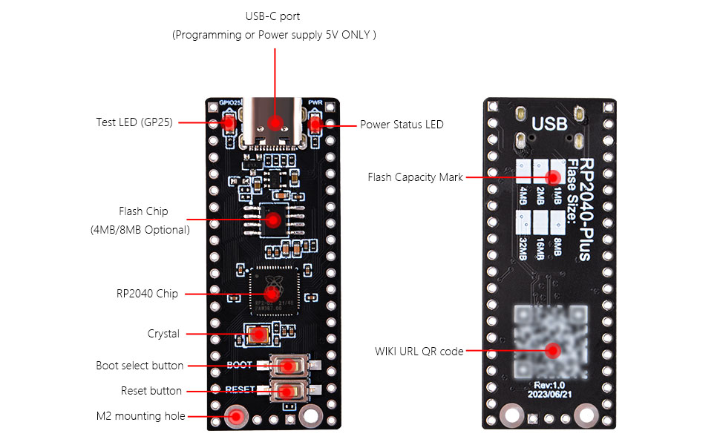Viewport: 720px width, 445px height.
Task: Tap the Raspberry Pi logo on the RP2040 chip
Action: click(273, 280)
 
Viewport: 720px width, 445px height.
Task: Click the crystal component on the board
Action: click(259, 334)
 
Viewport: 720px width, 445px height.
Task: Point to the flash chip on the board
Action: click(273, 220)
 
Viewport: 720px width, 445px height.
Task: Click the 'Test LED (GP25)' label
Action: click(134, 122)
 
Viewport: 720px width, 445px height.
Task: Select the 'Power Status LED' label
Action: click(402, 125)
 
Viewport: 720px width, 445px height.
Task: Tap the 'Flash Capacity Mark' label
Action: click(415, 177)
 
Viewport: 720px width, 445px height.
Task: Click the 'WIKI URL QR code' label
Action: click(419, 351)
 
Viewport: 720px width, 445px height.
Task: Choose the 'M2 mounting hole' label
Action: click(142, 416)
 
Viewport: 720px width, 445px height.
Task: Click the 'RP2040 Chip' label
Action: click(147, 294)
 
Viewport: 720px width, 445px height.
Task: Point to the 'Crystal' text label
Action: click(163, 334)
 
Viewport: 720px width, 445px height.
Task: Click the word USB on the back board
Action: click(549, 123)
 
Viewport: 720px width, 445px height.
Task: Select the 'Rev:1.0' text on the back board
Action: click(550, 384)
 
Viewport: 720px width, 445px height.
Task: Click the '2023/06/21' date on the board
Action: click(550, 395)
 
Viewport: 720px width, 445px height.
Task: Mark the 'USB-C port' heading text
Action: click(273, 16)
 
